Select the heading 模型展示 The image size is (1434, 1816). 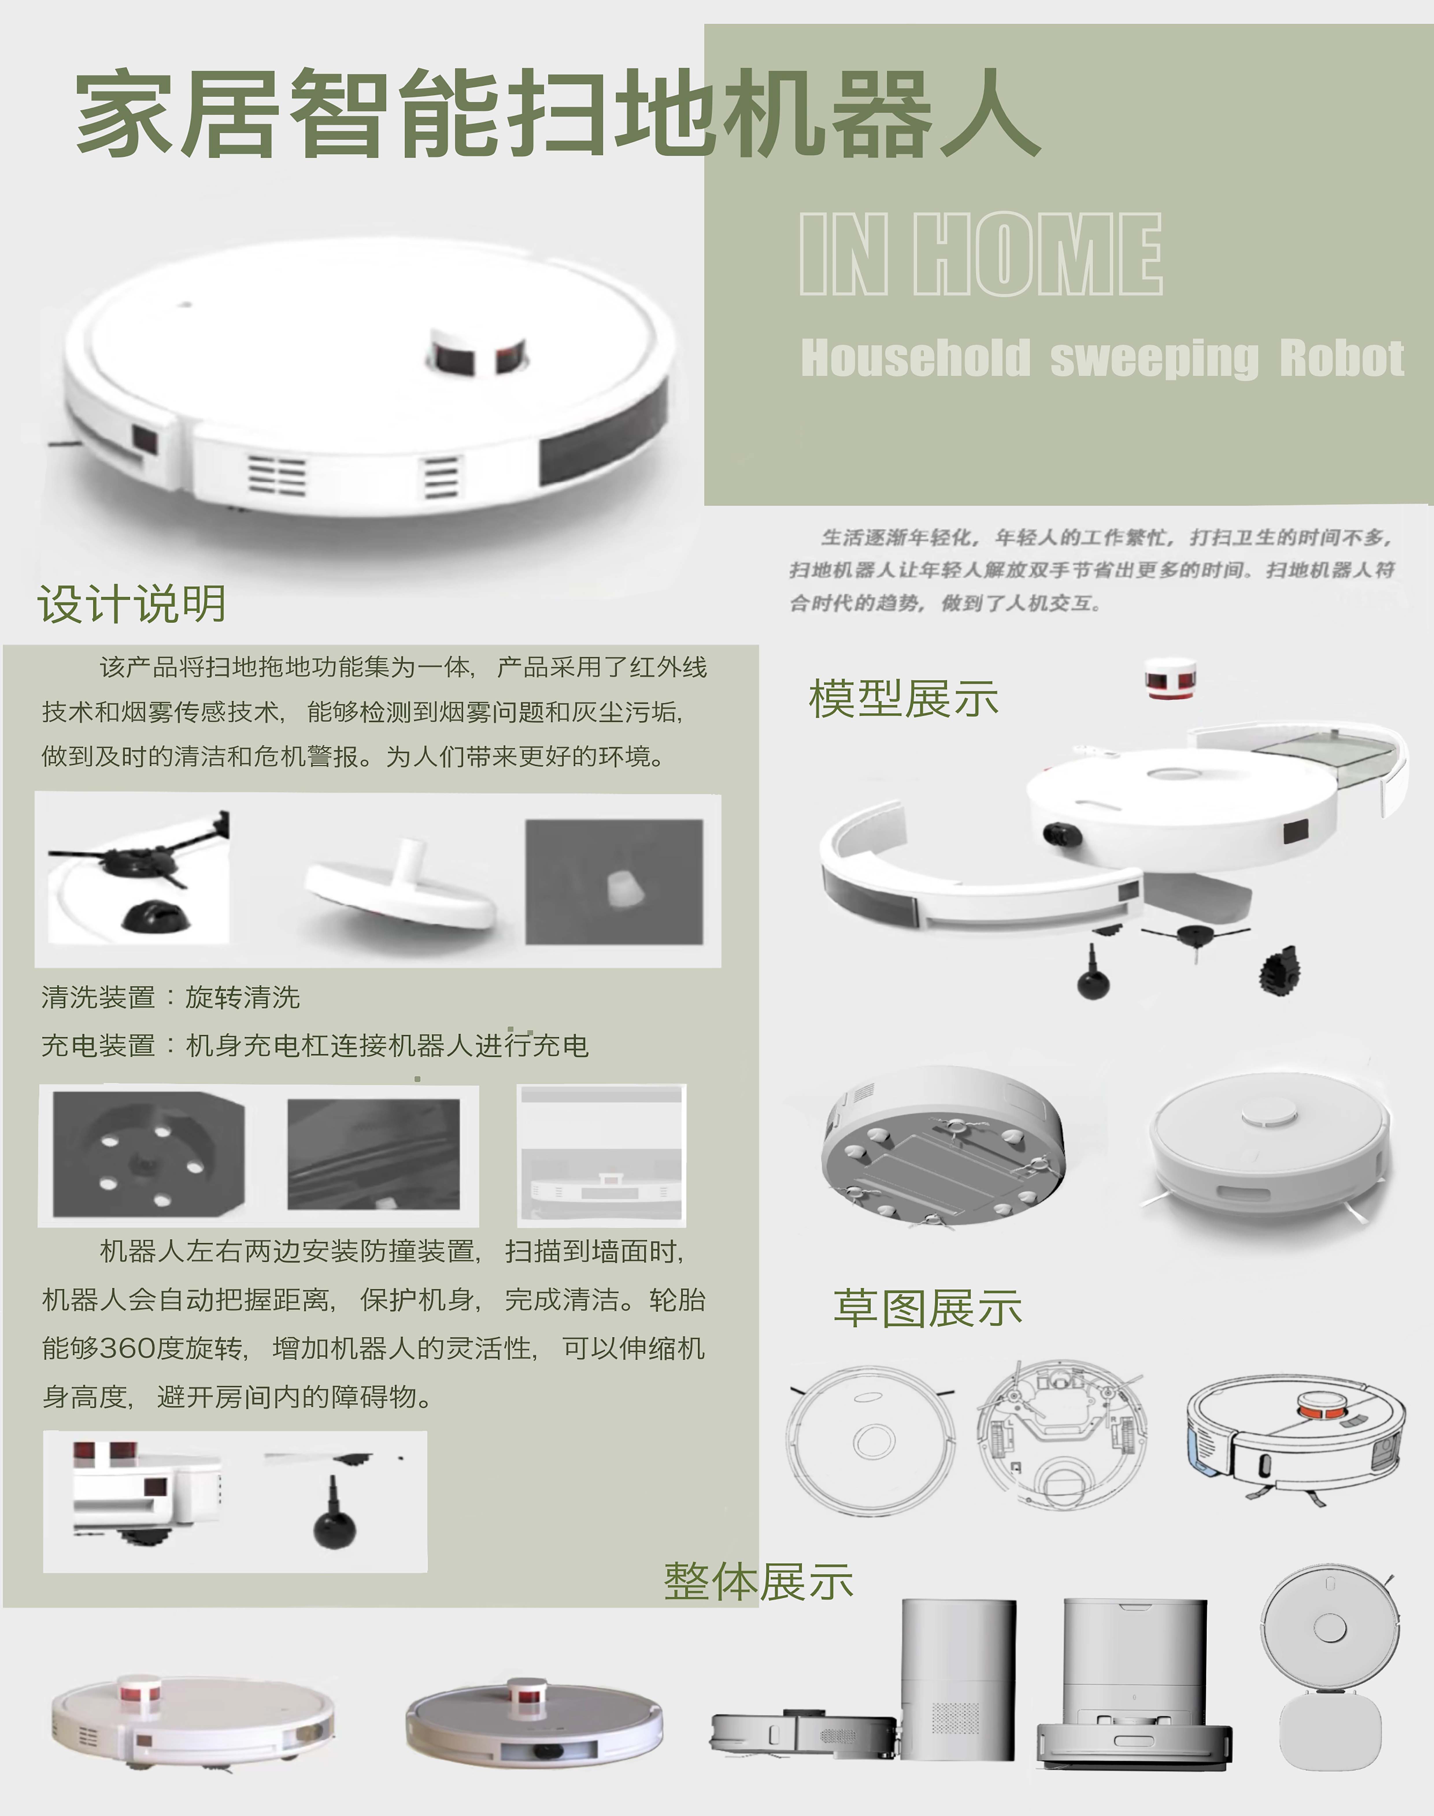point(903,699)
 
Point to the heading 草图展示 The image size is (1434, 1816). point(927,1307)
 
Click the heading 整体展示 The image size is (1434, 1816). point(758,1582)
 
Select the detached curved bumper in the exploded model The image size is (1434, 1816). point(982,873)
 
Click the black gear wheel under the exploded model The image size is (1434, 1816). point(1280,971)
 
